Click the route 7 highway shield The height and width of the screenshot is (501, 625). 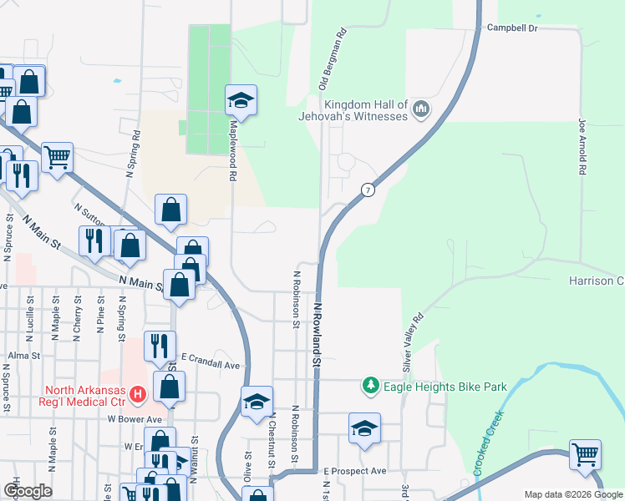click(367, 190)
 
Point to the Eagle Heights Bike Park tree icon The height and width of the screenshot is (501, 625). click(370, 386)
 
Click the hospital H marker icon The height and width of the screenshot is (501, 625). click(139, 391)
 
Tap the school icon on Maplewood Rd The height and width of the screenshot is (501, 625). click(241, 101)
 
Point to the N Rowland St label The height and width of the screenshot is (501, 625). click(318, 334)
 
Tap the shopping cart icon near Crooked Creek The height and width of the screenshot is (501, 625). click(585, 455)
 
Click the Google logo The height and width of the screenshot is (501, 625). click(27, 491)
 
